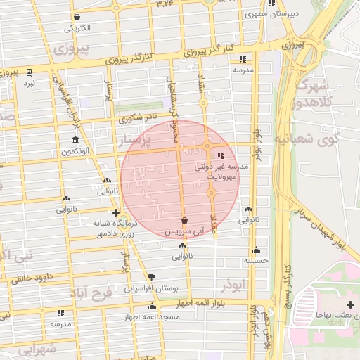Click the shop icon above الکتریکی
click(x=77, y=18)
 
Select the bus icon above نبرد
click(x=29, y=72)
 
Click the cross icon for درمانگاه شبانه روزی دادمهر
click(x=115, y=212)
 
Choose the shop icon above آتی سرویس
click(x=184, y=220)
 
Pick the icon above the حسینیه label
click(x=256, y=250)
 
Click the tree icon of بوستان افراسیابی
click(x=151, y=277)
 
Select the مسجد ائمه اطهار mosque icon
click(x=153, y=307)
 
